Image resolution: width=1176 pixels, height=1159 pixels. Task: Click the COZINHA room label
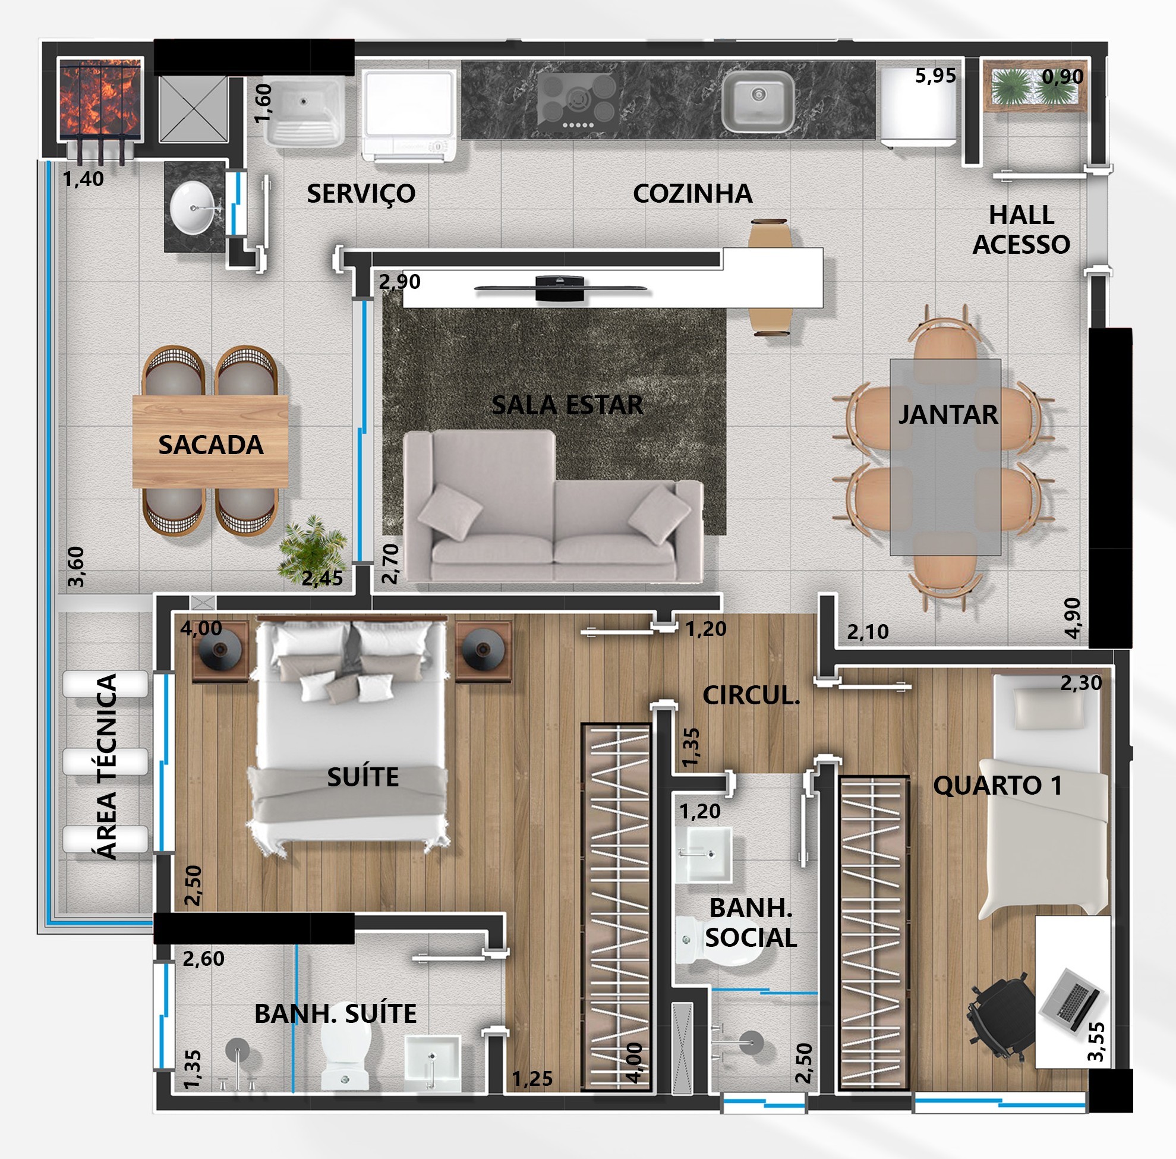tap(692, 194)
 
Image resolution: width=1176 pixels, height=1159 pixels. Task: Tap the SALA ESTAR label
tap(567, 405)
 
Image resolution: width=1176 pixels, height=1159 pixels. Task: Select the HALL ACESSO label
tap(1021, 229)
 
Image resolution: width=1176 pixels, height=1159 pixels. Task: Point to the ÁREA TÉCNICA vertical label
tap(107, 766)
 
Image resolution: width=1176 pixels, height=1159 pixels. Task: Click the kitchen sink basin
tap(758, 101)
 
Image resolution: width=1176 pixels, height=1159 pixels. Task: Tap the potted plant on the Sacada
tap(311, 547)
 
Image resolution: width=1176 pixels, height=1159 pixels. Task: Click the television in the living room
tap(560, 288)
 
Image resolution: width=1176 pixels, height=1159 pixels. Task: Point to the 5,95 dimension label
tap(935, 75)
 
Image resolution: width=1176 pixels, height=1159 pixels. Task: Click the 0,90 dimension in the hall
tap(1063, 77)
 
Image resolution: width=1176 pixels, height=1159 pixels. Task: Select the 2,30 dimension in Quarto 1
tap(1081, 683)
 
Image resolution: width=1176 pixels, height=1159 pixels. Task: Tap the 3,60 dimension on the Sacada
tap(75, 566)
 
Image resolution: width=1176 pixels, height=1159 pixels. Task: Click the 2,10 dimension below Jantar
tap(868, 632)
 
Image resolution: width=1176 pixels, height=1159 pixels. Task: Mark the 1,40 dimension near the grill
tap(83, 179)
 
